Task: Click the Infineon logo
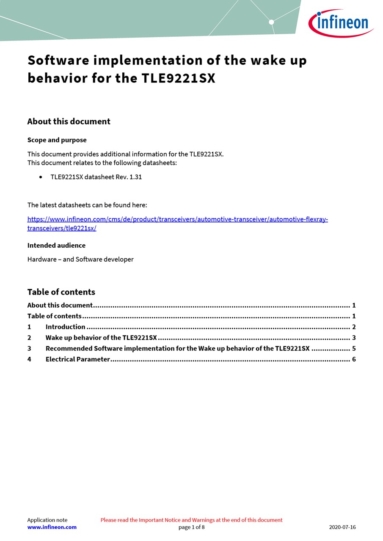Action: (341, 23)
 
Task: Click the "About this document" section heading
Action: (69, 121)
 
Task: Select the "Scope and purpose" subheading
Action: (57, 140)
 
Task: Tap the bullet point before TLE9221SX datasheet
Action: (41, 177)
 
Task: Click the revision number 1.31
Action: (135, 177)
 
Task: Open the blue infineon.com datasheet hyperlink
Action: (177, 219)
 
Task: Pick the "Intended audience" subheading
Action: (56, 246)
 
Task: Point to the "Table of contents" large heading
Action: (61, 292)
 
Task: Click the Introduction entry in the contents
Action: (65, 327)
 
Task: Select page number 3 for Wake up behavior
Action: (354, 338)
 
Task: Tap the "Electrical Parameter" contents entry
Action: (77, 359)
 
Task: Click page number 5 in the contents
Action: (354, 348)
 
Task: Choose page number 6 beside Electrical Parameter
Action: (354, 359)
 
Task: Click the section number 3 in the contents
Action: (29, 348)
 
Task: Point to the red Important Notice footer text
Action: (191, 520)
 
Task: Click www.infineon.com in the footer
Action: (52, 527)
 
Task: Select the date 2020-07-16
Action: (342, 527)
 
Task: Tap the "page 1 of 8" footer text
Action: (191, 527)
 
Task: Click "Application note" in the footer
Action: (47, 520)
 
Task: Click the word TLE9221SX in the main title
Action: (178, 78)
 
